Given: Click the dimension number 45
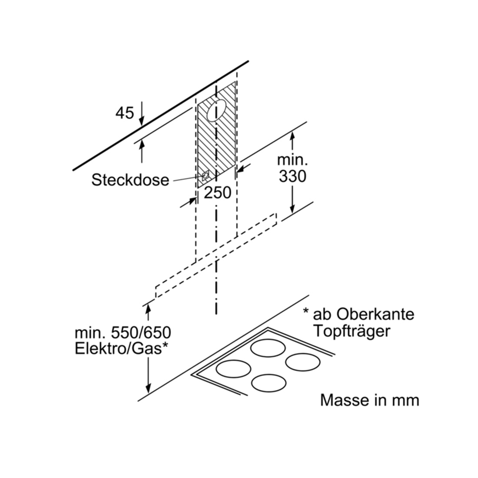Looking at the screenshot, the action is click(x=125, y=113).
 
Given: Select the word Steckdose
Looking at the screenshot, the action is click(x=130, y=180).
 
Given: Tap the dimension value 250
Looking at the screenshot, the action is click(x=217, y=193).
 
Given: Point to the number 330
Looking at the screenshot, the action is click(x=292, y=176).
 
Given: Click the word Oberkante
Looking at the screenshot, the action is click(x=375, y=314).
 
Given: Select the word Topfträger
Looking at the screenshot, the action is click(x=352, y=331).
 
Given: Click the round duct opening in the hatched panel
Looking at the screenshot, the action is click(x=217, y=110).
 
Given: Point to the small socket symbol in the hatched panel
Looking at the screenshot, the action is click(x=206, y=176).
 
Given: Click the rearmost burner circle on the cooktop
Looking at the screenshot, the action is click(x=268, y=348).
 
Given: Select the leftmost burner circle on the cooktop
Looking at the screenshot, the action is click(x=233, y=368).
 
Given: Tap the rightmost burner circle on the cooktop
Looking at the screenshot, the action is click(x=303, y=362).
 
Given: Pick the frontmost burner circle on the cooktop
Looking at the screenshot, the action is click(x=269, y=383).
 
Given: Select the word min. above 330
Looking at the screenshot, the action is click(x=292, y=160).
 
